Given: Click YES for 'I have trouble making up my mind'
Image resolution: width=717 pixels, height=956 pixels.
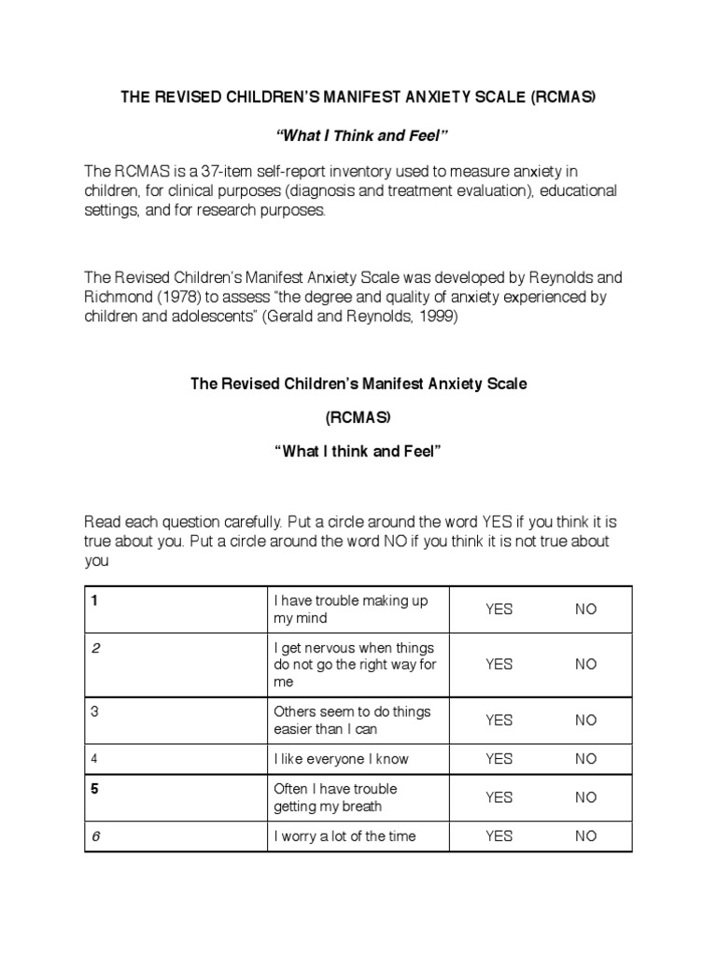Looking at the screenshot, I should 499,610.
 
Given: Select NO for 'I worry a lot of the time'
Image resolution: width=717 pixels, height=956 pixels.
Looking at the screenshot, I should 585,836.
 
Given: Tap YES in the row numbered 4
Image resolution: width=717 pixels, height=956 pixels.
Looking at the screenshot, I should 499,759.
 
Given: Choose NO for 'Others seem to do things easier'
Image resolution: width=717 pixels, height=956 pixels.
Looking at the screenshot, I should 585,720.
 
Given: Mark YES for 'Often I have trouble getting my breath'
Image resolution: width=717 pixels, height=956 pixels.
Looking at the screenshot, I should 499,797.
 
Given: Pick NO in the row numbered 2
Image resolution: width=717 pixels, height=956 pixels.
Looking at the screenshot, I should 585,664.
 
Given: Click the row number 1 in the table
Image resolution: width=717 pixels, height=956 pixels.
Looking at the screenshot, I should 94,600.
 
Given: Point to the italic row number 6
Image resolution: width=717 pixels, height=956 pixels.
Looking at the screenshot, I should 95,836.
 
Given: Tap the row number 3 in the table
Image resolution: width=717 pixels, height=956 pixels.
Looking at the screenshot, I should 94,711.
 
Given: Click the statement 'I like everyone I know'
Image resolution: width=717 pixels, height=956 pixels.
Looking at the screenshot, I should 341,759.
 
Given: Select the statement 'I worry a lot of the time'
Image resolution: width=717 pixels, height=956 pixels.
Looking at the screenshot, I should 344,836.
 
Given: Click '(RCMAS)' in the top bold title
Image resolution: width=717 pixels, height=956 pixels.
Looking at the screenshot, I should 564,98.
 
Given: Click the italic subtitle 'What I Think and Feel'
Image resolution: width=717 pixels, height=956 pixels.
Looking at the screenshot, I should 358,137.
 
